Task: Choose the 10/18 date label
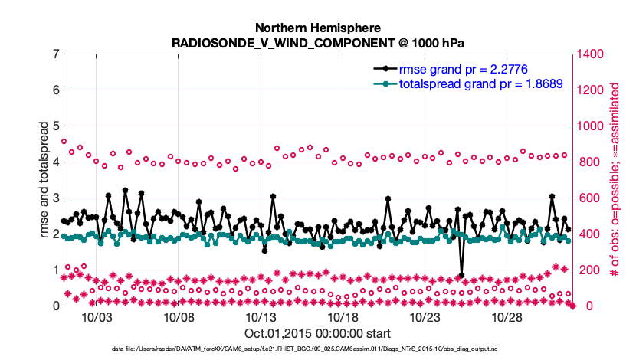pyautogui.click(x=343, y=318)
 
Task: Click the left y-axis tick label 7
pyautogui.click(x=56, y=54)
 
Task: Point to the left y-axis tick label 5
pyautogui.click(x=56, y=126)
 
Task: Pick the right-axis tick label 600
pyautogui.click(x=589, y=198)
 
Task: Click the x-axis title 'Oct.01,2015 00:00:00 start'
pyautogui.click(x=317, y=334)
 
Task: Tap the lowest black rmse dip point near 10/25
pyautogui.click(x=461, y=275)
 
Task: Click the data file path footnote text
pyautogui.click(x=317, y=349)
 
